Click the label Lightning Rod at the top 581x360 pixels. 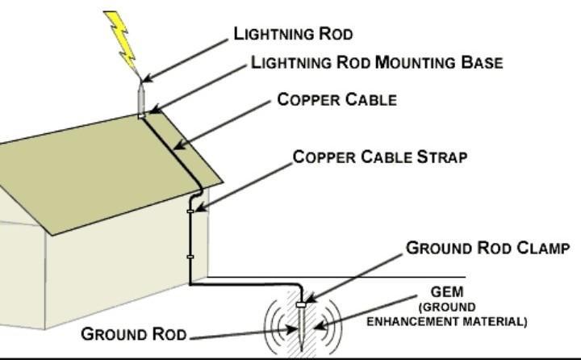[293, 34]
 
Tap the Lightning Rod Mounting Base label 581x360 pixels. [376, 63]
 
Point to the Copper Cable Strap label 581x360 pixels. [379, 157]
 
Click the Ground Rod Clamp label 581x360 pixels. [488, 248]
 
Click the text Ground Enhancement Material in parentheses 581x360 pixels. [447, 315]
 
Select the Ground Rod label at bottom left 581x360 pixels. [134, 334]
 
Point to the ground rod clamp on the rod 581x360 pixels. [301, 304]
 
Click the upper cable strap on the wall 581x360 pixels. [191, 211]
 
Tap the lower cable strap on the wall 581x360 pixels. [191, 257]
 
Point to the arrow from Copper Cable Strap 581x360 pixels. [242, 186]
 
